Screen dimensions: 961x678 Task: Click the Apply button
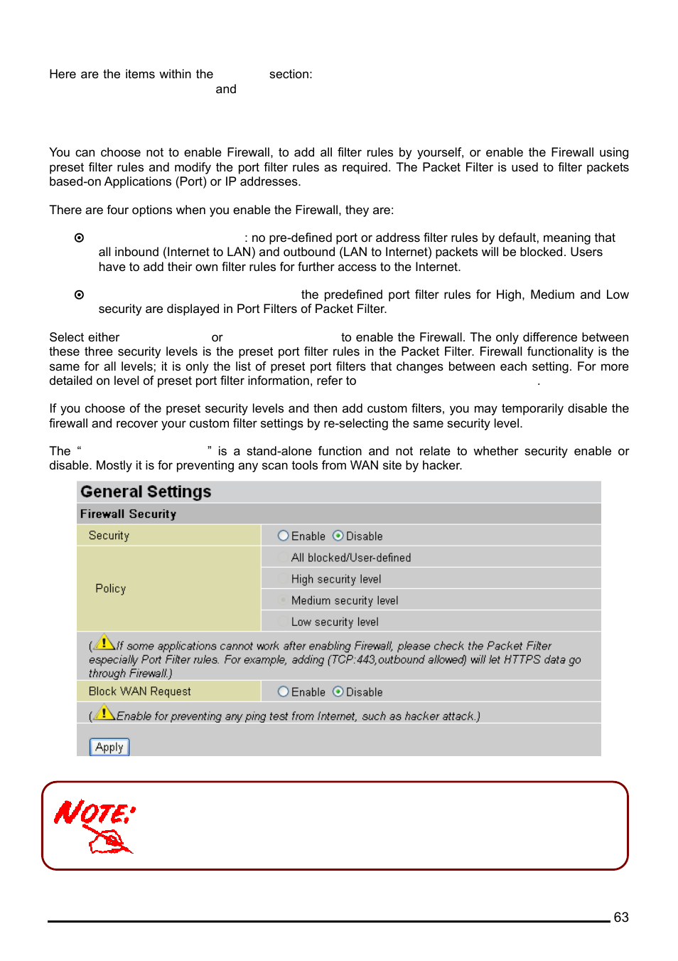pos(109,747)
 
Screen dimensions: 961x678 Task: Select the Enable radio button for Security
pos(284,536)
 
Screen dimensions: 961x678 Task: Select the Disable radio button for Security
pos(338,536)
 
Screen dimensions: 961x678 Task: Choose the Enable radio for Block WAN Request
pos(284,691)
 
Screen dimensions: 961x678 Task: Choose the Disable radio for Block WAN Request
pos(338,691)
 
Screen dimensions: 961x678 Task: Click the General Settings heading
pos(146,492)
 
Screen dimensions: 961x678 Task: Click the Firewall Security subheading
pos(128,514)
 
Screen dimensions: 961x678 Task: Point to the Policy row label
pos(110,588)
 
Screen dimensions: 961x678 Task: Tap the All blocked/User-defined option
pos(350,558)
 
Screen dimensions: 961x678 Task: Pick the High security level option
pos(335,579)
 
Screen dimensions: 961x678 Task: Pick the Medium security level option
pos(344,600)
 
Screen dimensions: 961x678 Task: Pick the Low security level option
pos(334,622)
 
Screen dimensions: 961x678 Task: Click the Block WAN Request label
pos(139,691)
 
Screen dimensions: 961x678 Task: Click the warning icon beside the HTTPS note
pos(105,642)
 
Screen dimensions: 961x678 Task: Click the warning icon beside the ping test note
pos(105,712)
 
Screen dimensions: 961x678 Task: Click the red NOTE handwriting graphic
pos(95,825)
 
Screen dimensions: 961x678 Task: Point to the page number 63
pos(620,917)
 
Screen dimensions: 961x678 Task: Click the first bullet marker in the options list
pos(79,238)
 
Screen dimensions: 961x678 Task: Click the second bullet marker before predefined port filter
pos(79,294)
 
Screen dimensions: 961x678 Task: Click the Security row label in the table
pos(109,536)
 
